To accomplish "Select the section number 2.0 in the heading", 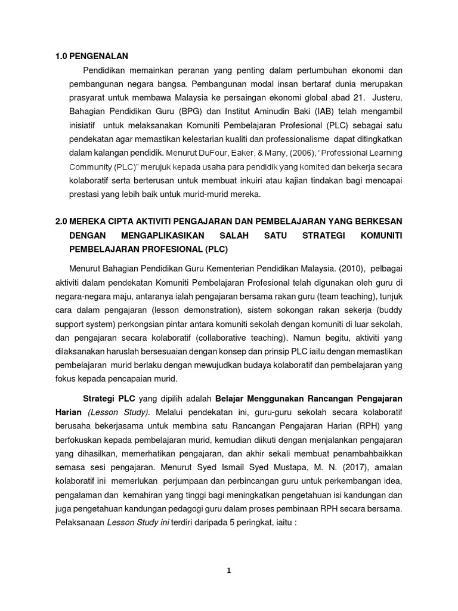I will pyautogui.click(x=61, y=221).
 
